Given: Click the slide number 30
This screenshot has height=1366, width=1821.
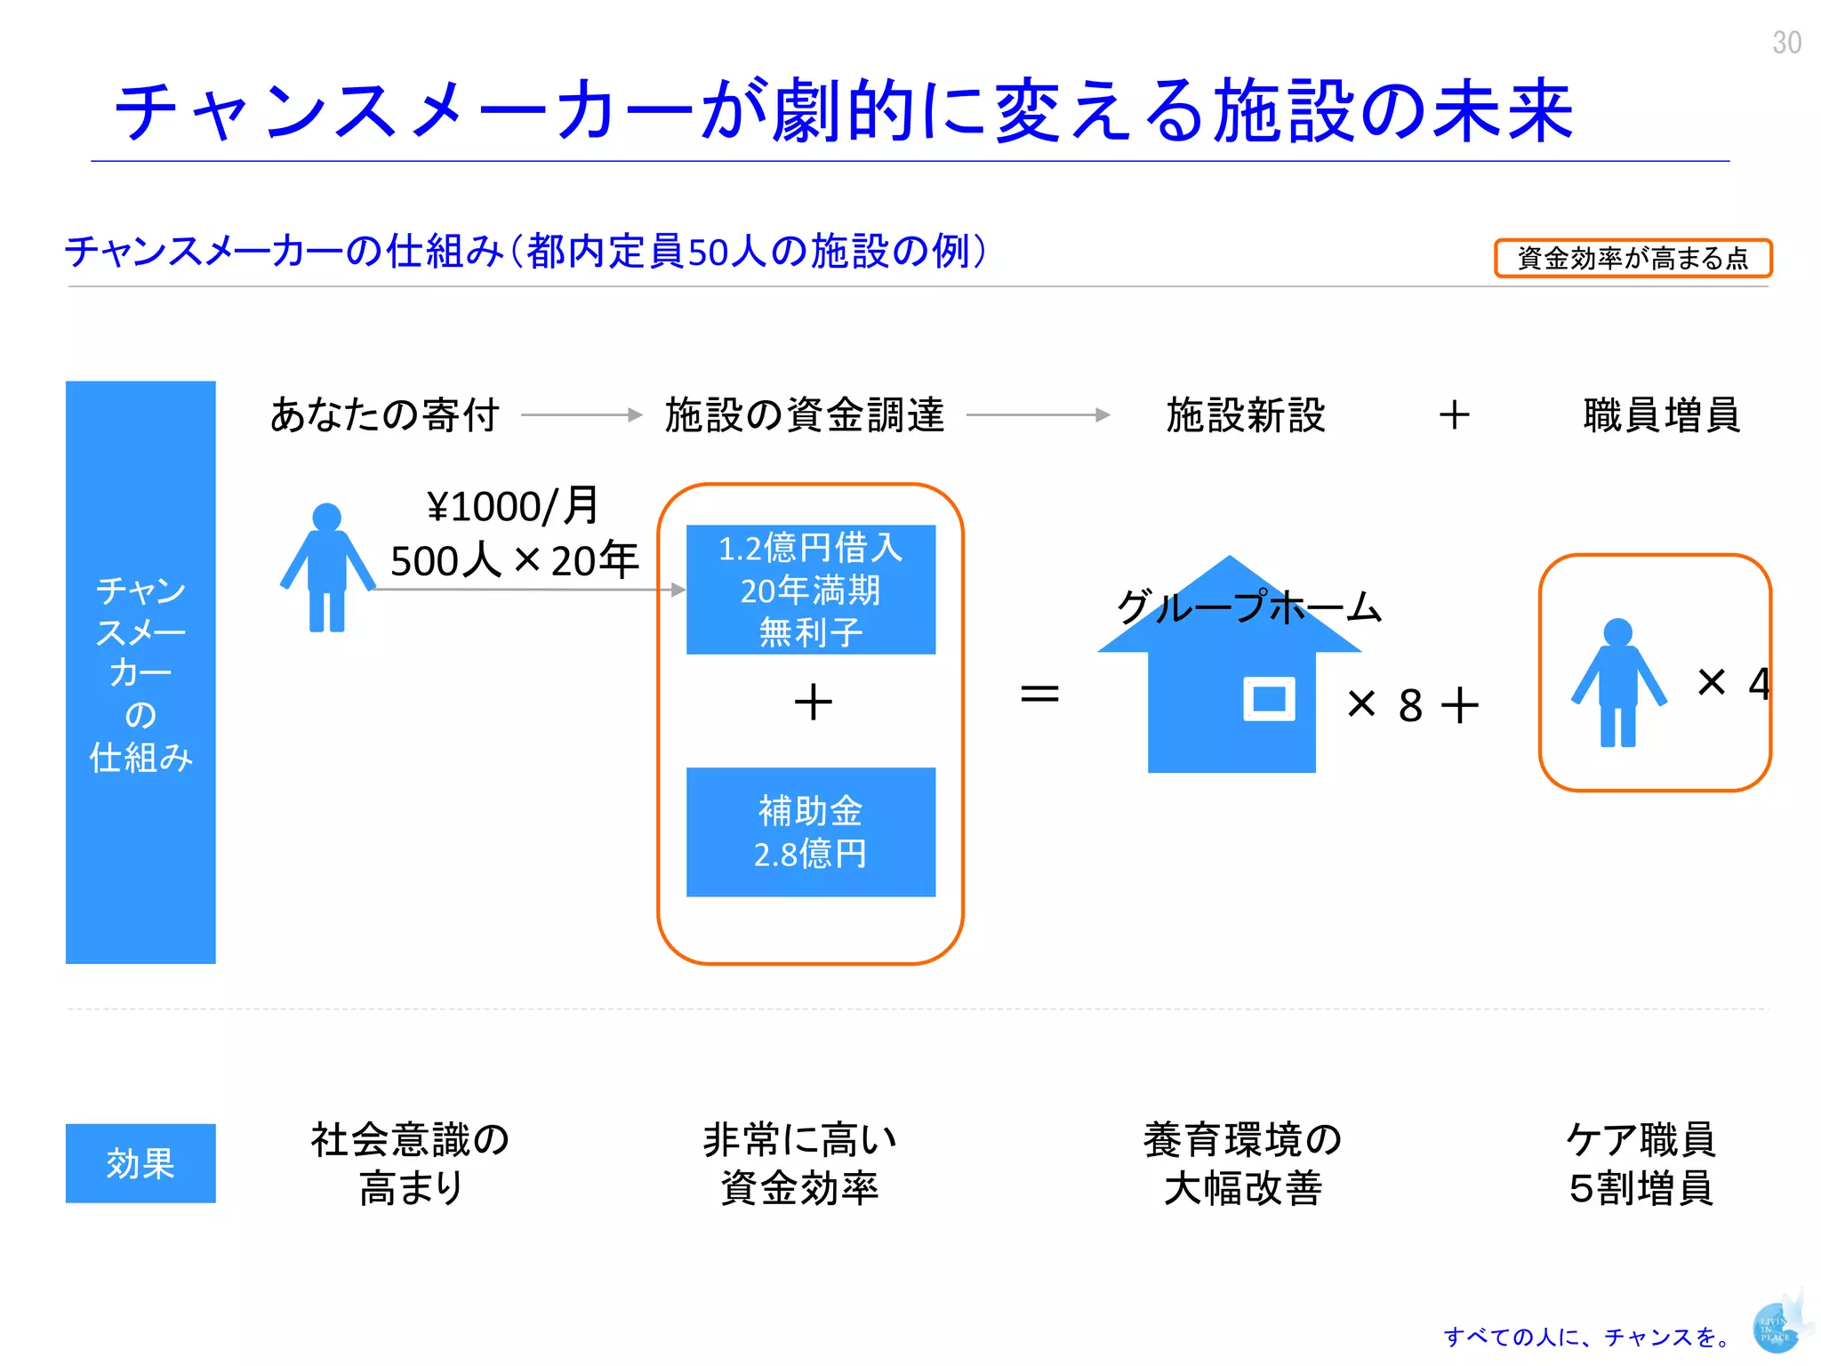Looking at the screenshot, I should tap(1786, 43).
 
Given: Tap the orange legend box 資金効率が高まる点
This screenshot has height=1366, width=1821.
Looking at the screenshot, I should tap(1632, 258).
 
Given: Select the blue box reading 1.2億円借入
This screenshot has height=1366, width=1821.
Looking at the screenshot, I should tap(810, 590).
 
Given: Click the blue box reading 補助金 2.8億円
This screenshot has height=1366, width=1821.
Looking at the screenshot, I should tap(810, 832).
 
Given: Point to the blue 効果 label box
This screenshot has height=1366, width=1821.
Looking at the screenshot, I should tap(140, 1163).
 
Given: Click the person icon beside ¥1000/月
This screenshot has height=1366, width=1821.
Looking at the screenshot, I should tap(327, 569).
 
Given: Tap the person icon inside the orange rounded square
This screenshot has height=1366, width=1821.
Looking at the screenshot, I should tap(1618, 683).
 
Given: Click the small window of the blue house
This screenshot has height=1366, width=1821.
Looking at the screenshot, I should tap(1269, 699).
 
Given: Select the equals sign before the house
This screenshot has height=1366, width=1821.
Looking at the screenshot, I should tap(1039, 694).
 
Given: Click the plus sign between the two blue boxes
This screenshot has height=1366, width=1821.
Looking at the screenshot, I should tap(813, 702).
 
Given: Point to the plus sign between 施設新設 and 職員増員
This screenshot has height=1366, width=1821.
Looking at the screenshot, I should tap(1455, 415).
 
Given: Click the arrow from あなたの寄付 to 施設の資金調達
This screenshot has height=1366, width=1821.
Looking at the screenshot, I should tap(582, 415).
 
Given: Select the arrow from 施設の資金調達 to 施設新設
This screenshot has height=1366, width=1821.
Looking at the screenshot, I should tap(1038, 415).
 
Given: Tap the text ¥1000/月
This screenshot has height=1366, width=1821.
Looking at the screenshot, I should tap(513, 507).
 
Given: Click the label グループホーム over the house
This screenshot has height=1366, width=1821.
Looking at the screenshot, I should tap(1248, 607).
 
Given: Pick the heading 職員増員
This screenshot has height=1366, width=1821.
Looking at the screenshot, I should tap(1661, 415).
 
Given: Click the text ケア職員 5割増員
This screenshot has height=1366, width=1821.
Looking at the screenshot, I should tap(1641, 1163).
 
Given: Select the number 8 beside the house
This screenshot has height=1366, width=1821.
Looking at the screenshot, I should tap(1410, 706).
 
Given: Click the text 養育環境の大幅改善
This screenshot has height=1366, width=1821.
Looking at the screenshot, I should tap(1242, 1163).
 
